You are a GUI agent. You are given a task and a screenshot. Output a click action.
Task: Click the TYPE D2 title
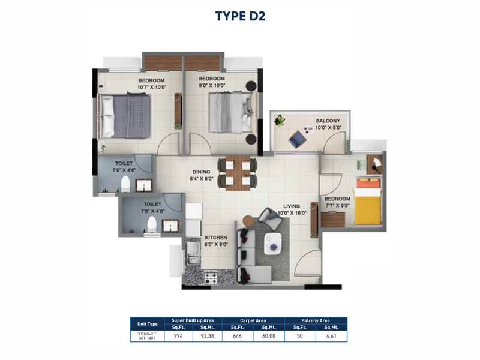tap(240, 15)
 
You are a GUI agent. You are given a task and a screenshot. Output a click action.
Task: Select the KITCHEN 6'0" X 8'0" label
tap(217, 241)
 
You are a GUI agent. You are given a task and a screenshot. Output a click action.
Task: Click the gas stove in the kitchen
tap(211, 277)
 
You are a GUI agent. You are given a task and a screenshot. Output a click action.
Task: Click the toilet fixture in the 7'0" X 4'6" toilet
tap(125, 184)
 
